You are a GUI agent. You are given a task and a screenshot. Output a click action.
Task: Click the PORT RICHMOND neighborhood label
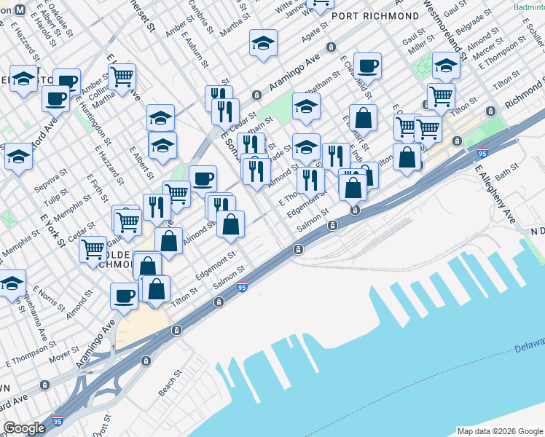coord(375,15)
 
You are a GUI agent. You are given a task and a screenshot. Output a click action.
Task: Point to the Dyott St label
coord(99,425)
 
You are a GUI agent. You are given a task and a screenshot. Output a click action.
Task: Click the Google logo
coord(24,428)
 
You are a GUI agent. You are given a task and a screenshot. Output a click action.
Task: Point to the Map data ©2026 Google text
coord(499,430)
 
